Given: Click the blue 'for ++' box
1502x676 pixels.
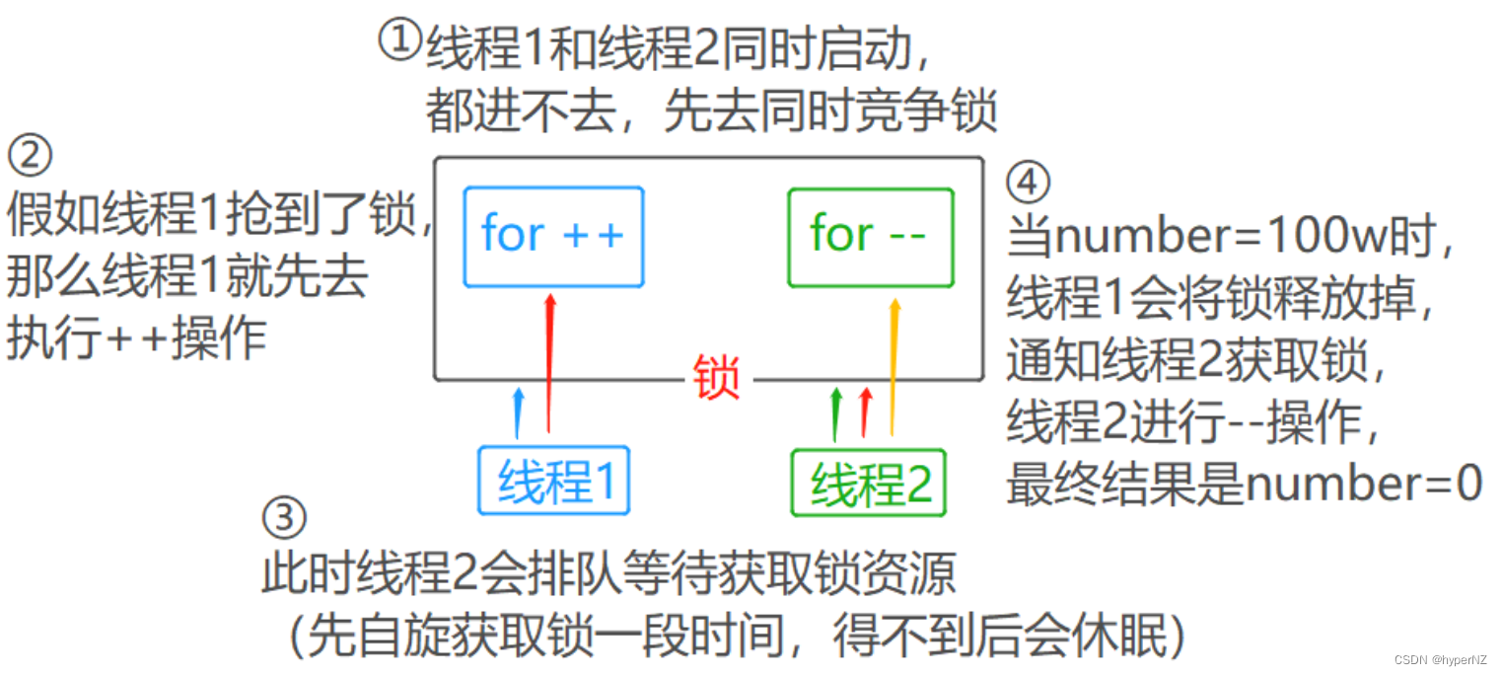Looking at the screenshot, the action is (x=552, y=236).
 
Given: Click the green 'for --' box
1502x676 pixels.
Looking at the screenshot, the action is (x=870, y=236).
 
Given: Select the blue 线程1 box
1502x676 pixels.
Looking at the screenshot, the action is (x=553, y=481).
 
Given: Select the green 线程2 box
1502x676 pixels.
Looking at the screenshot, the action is (x=868, y=483).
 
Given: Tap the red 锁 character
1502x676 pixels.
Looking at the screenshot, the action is (x=717, y=378).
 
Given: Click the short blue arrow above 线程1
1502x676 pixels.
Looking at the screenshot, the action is (x=519, y=413).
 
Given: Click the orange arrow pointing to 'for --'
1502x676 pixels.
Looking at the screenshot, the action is (x=894, y=365).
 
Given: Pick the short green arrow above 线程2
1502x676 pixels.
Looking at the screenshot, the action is (x=836, y=413).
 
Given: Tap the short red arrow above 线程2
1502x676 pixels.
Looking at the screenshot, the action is (x=866, y=413).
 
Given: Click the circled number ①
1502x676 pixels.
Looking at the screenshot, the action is (x=400, y=42).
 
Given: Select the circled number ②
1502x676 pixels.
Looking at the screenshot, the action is (x=29, y=156).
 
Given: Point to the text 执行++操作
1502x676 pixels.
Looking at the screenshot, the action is (x=137, y=338).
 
